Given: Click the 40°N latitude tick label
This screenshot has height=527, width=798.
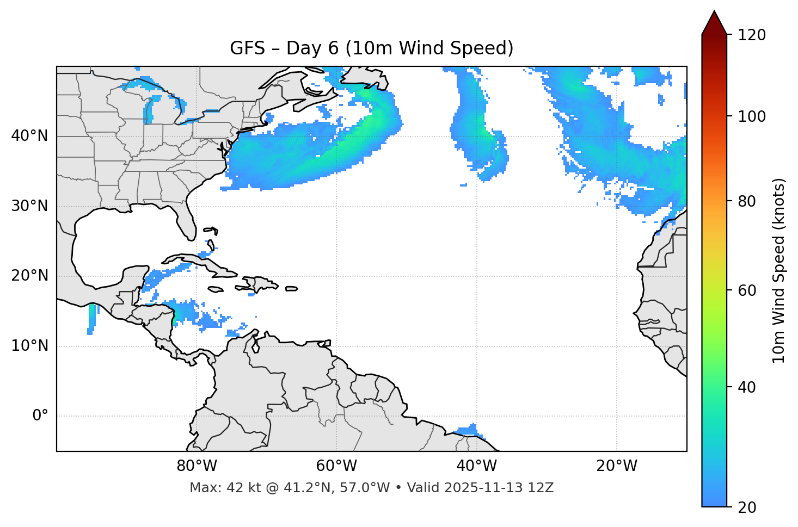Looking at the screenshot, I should tap(29, 136).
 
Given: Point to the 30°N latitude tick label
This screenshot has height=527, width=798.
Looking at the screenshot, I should tap(29, 206).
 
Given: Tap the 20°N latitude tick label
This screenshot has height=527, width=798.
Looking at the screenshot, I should tap(29, 276).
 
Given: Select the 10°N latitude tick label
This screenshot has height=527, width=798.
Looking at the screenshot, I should tap(29, 346).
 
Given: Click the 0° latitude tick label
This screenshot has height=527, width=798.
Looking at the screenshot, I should tap(40, 416).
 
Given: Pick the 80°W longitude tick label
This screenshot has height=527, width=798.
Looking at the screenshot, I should tap(197, 466).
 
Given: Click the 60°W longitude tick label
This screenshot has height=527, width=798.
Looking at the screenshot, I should tap(336, 466).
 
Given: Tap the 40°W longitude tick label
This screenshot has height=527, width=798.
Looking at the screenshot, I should tap(476, 466).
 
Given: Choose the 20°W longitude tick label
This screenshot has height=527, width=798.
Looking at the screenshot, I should tap(617, 466).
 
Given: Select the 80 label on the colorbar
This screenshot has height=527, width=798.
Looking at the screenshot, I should tap(750, 201).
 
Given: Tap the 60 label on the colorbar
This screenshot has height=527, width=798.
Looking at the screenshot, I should tap(750, 290).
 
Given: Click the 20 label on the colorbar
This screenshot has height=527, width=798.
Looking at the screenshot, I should tap(750, 507).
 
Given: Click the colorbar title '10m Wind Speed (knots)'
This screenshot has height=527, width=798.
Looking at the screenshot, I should tap(779, 270).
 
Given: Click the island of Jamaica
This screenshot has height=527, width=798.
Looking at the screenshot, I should tap(215, 290).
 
